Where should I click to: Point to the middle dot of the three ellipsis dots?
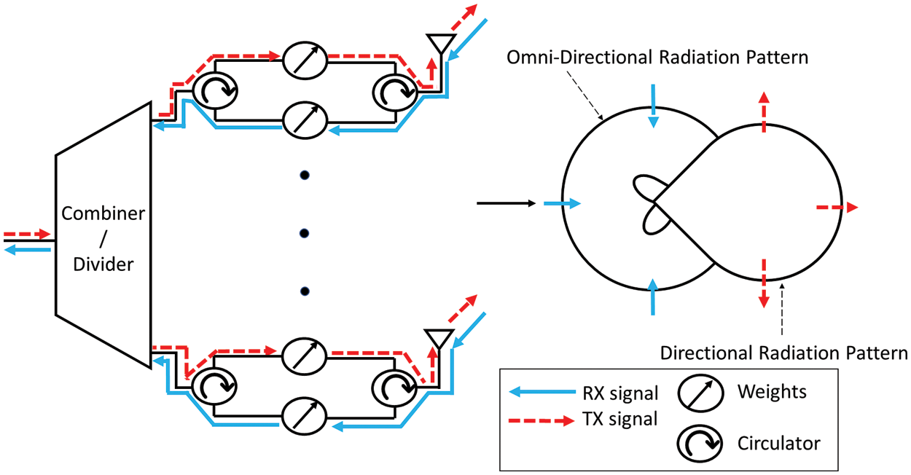click(x=305, y=233)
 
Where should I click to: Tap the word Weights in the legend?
click(x=772, y=391)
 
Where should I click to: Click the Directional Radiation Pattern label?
click(x=783, y=353)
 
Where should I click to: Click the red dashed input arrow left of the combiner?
click(x=28, y=235)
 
